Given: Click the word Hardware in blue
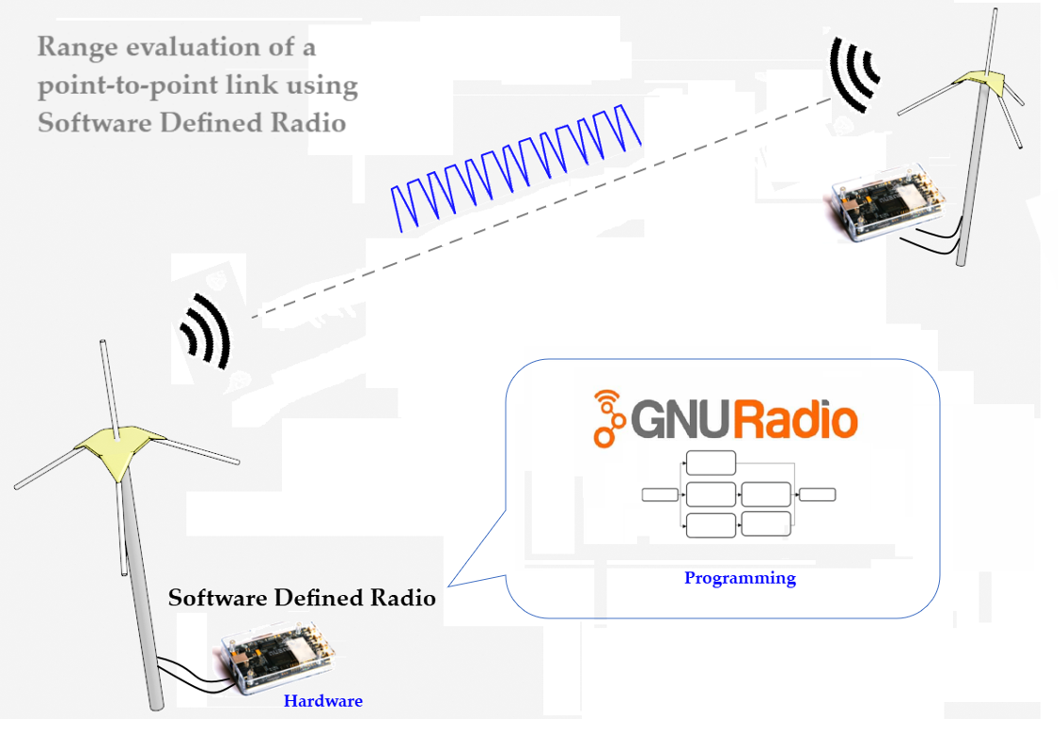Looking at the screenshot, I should pyautogui.click(x=322, y=701).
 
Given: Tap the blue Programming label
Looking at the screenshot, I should pyautogui.click(x=740, y=578).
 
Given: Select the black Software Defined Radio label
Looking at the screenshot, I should pyautogui.click(x=302, y=598).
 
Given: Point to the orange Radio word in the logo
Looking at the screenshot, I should pyautogui.click(x=795, y=419).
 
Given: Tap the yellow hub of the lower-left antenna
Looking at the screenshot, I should pyautogui.click(x=117, y=449).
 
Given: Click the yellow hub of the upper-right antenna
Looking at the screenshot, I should pyautogui.click(x=981, y=83).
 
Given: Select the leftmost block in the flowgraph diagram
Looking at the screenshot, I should pyautogui.click(x=660, y=494).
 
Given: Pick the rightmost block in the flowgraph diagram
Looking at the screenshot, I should pyautogui.click(x=817, y=494).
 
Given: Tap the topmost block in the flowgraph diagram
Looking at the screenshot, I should pyautogui.click(x=710, y=462).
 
